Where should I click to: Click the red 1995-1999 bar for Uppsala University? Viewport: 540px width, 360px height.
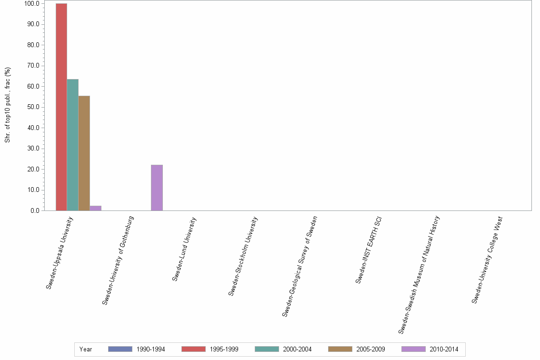(x=61, y=107)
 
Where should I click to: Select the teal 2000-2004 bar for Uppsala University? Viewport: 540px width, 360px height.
(x=73, y=145)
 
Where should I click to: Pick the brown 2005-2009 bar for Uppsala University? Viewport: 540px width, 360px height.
(x=84, y=153)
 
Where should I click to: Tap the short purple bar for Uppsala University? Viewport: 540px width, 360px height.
(x=96, y=208)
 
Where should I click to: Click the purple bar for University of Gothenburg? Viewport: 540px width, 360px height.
(x=157, y=188)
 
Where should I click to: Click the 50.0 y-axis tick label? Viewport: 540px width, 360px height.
(x=33, y=107)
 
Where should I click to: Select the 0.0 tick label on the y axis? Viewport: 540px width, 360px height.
(x=35, y=210)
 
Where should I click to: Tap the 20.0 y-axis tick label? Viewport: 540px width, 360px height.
(x=33, y=169)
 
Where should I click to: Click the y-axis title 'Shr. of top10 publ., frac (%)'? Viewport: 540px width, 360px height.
(x=8, y=105)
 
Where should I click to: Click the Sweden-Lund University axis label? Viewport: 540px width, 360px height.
(x=184, y=249)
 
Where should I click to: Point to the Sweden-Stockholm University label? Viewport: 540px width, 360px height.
(x=243, y=256)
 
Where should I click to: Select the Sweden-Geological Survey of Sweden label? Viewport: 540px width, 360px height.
(x=300, y=266)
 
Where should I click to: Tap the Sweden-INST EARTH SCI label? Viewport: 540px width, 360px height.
(x=369, y=250)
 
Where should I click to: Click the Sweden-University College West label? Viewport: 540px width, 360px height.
(x=488, y=260)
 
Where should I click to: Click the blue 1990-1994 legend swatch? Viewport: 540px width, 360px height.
(x=120, y=349)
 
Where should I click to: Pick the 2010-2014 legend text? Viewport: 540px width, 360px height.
(x=444, y=350)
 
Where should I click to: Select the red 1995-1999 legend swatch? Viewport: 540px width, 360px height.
(x=193, y=349)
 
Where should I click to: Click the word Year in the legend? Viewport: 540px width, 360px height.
(x=86, y=350)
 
